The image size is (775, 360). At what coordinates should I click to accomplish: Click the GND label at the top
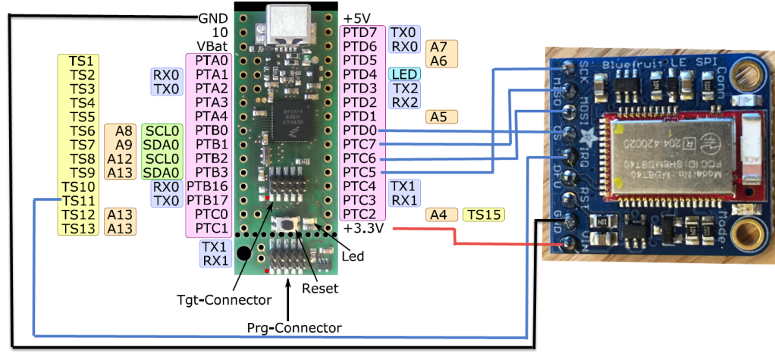point(212,18)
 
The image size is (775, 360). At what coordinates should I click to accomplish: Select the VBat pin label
point(212,46)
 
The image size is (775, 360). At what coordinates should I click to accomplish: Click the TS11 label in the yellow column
point(78,201)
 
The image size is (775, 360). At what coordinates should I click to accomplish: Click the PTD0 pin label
point(359,130)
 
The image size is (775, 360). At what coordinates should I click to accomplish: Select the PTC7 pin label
point(359,144)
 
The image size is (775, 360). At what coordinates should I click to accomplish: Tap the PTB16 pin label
point(207,186)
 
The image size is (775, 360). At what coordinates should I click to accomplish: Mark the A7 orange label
point(438,47)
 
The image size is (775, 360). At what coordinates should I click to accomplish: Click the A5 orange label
point(438,117)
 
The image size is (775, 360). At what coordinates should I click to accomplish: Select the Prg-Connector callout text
point(294,327)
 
